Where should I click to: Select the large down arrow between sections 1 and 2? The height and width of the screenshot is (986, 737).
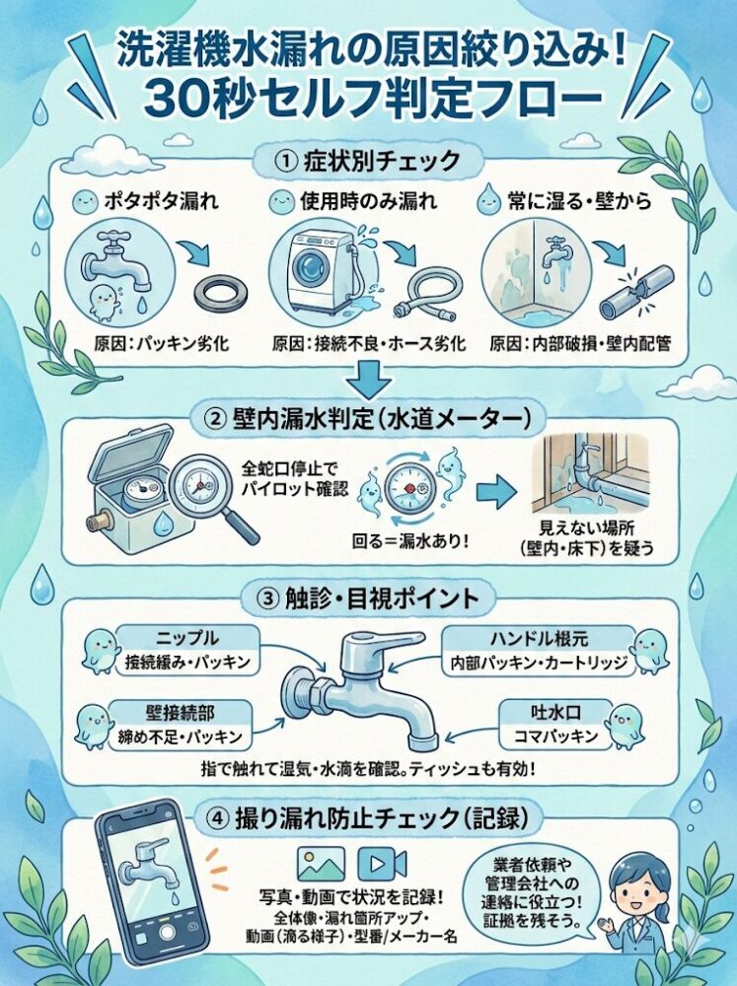pos(369,380)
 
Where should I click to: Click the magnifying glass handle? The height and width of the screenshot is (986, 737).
pos(242,527)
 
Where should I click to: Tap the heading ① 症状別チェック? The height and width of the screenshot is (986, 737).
pos(368,162)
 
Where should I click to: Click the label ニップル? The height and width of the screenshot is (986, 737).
pos(187,638)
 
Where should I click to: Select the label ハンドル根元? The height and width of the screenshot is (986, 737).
pos(539,639)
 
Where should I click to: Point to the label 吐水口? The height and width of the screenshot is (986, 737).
pos(555,713)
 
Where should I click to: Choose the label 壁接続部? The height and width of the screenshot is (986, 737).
pos(180,713)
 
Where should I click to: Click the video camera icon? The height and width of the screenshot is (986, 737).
pos(382,864)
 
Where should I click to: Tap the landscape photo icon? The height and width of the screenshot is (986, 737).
pos(321,864)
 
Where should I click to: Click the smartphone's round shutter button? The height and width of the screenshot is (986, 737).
pos(167,933)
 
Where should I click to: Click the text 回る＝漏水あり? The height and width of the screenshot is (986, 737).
pos(410,540)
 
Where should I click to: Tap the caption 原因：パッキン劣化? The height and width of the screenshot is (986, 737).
pos(162,344)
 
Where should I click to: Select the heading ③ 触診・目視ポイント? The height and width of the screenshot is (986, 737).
pos(368,599)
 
